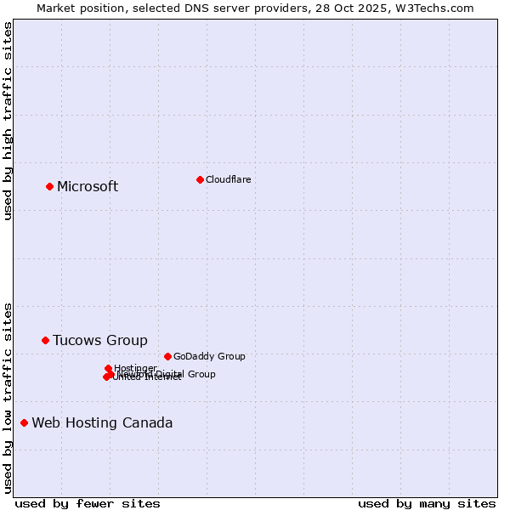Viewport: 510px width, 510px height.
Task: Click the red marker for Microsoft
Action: point(49,186)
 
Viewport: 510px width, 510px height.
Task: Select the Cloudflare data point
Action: point(200,179)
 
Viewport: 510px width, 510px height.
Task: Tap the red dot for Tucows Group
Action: point(45,340)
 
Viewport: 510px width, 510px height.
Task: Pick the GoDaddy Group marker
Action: point(167,356)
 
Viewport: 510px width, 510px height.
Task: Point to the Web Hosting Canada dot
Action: point(24,422)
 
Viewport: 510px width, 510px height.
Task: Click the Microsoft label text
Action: point(88,187)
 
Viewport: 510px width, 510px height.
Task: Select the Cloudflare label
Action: point(229,179)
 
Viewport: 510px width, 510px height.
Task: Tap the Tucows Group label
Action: point(100,341)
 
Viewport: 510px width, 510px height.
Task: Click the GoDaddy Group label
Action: point(209,357)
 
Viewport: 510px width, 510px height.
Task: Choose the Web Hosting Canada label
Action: point(102,423)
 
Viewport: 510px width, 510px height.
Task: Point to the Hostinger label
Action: point(136,368)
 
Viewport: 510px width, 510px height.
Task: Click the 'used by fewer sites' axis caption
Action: point(88,503)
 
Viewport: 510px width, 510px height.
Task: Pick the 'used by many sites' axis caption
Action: point(427,503)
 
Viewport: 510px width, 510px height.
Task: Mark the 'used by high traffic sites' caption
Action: point(8,121)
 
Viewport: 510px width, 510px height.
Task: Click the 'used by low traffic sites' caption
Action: point(8,397)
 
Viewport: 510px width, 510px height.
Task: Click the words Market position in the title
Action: point(79,8)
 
